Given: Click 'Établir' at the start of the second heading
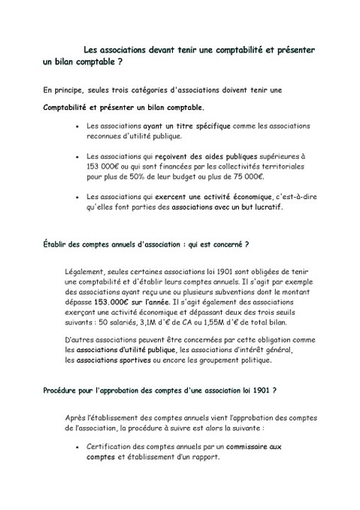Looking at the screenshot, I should tap(55, 244).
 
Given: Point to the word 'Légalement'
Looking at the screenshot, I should tap(83, 272).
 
